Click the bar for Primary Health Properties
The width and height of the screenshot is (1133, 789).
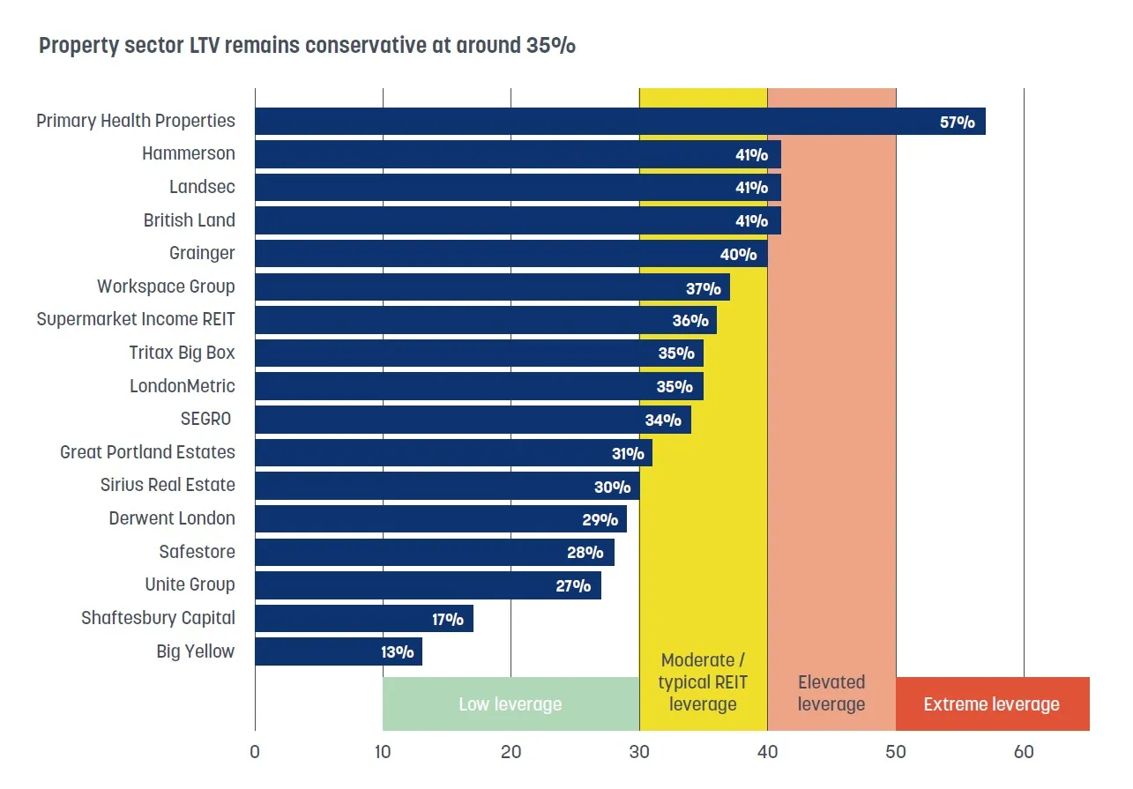pos(573,122)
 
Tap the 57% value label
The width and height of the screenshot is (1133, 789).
pos(957,123)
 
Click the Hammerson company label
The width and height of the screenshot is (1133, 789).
pos(189,153)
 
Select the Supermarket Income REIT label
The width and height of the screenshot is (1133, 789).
pos(136,319)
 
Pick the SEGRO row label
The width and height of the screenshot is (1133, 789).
pos(205,419)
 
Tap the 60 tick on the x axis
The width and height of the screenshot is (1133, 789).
pos(1024,752)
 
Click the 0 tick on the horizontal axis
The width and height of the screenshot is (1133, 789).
pos(255,752)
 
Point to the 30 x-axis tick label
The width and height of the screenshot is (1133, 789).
pos(639,752)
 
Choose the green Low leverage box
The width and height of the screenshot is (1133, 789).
pos(511,704)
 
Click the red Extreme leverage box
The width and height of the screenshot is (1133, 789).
pos(992,704)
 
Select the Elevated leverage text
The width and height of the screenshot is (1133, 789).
pos(831,693)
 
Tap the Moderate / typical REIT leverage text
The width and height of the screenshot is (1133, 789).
pos(703,682)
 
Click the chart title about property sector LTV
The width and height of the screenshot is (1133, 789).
pos(307,46)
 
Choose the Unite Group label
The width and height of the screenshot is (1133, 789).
pos(190,584)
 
